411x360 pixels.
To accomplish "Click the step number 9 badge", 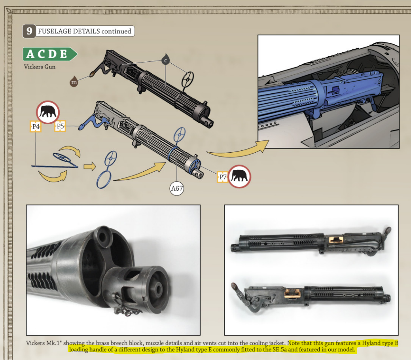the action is (x=29, y=31).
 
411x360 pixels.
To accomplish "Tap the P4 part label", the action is (x=36, y=127).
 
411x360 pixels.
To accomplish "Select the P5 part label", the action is (x=60, y=126).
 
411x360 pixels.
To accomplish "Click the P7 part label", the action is (x=223, y=177).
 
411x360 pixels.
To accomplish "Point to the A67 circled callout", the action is (x=177, y=189).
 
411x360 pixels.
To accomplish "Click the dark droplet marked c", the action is (x=165, y=59).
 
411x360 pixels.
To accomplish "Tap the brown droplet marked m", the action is (x=74, y=82).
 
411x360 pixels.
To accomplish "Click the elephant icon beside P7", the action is (x=239, y=176).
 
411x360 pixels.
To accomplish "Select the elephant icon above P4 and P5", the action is (x=48, y=112).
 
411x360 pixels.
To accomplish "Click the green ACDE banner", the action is (x=50, y=54).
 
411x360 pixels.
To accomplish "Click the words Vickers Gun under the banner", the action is (x=40, y=67).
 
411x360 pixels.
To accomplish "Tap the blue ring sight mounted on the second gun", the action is (x=180, y=135).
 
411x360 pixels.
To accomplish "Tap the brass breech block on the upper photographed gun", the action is (x=336, y=239).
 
